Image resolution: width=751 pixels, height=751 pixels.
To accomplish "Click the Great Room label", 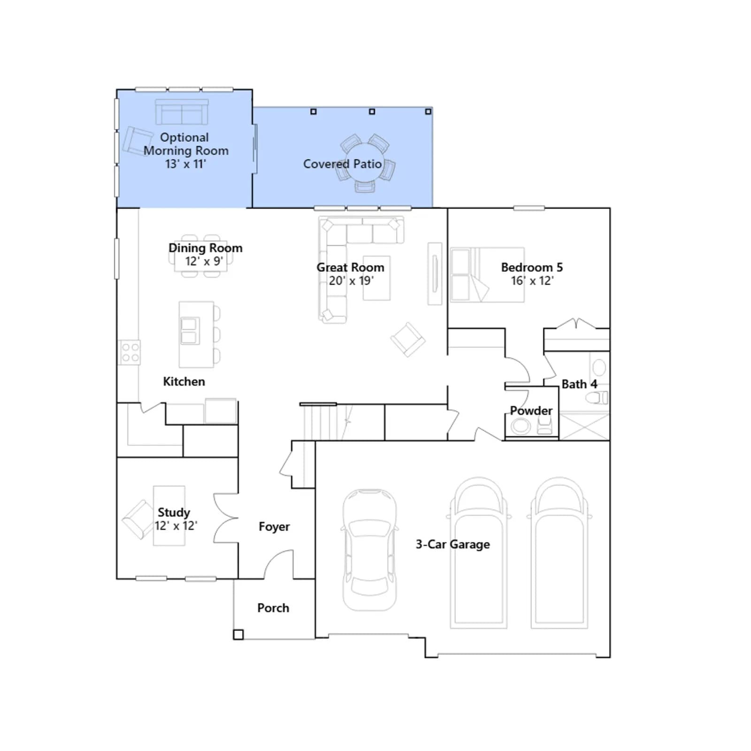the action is tap(350, 267).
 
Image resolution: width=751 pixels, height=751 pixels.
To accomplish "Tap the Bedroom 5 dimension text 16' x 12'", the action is tap(532, 281).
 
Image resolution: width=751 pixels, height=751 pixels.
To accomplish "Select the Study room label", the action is tap(174, 512).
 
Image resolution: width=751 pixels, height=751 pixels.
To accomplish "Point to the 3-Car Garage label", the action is tap(452, 544).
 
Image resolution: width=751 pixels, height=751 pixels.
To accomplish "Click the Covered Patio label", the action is tap(342, 164).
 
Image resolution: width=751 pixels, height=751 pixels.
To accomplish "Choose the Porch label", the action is tap(273, 608).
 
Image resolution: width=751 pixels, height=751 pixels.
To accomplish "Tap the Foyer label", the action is tap(274, 527).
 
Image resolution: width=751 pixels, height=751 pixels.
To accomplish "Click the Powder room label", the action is tap(531, 411).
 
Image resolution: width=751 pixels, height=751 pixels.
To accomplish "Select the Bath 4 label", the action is tap(579, 384).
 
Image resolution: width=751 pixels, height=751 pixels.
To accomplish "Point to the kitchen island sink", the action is tap(190, 330).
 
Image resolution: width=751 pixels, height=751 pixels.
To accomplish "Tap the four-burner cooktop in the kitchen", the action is tap(129, 352).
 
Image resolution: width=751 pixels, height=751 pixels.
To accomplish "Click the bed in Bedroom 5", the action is tap(487, 275).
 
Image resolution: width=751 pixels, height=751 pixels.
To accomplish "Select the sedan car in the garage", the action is tap(369, 550).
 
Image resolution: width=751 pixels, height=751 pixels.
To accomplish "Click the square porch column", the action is tap(238, 635).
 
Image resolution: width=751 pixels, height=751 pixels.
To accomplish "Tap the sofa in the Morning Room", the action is tap(182, 112).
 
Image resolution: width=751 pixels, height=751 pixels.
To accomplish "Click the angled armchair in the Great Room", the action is tap(408, 339).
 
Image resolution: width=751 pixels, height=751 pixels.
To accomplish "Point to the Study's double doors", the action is tap(226, 518).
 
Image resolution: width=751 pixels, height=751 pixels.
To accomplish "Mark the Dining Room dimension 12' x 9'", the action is tap(204, 261).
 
